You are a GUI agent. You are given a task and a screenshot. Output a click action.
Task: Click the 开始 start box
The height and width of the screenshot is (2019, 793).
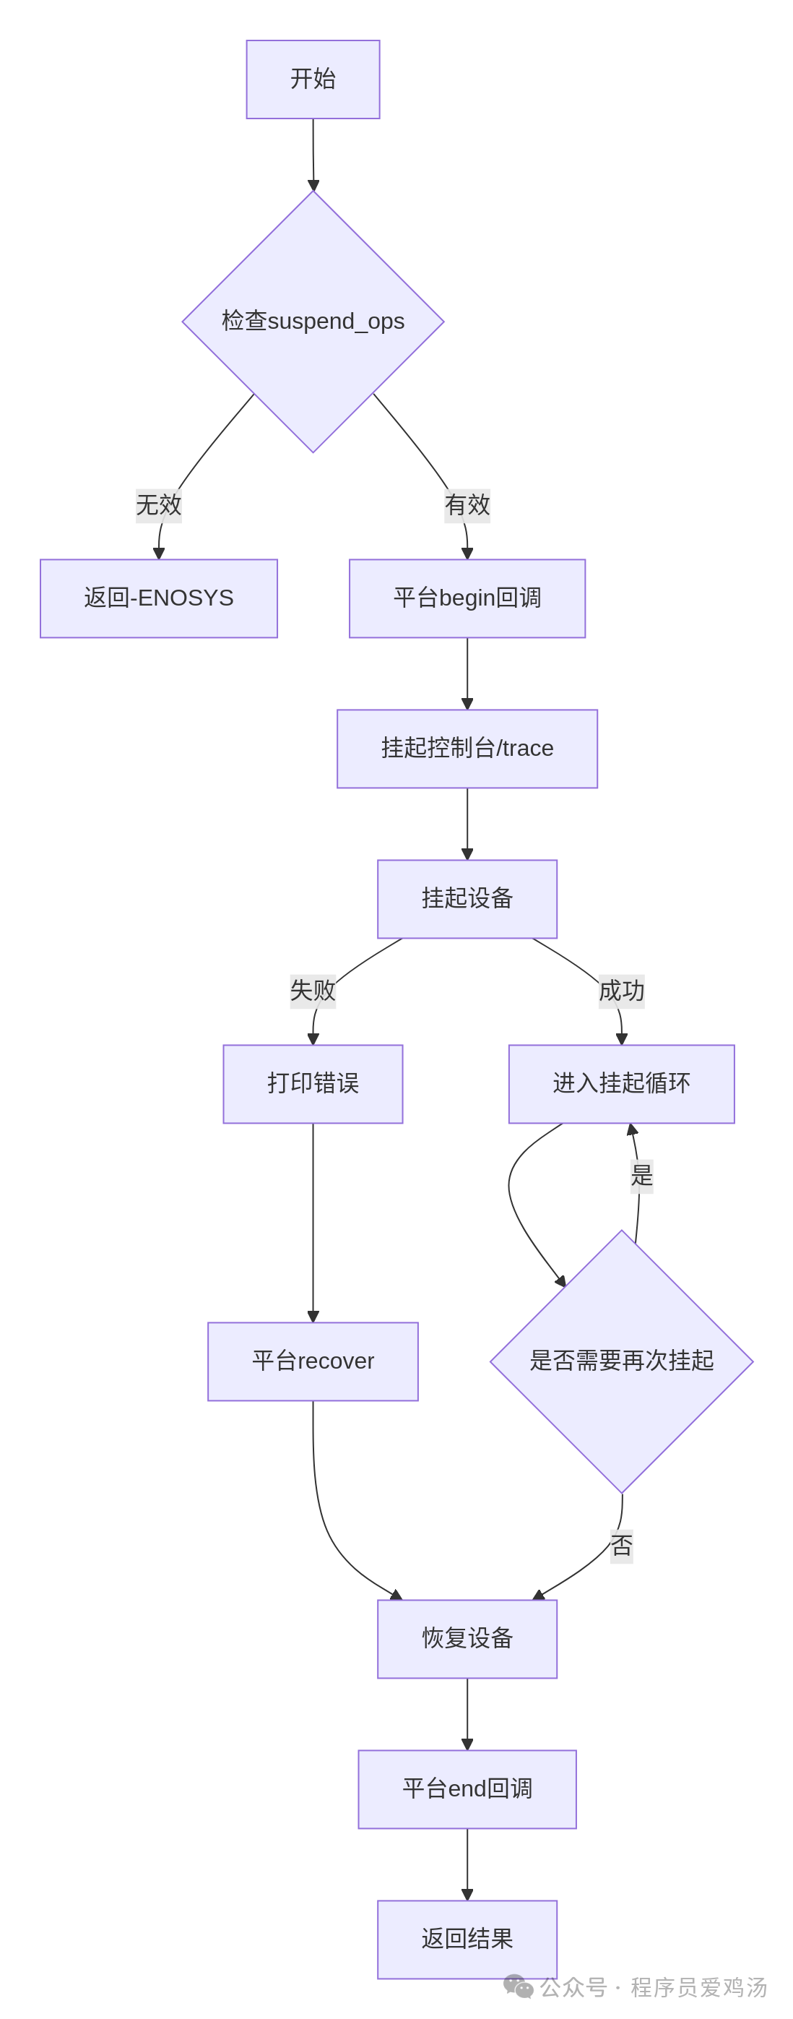[x=313, y=79]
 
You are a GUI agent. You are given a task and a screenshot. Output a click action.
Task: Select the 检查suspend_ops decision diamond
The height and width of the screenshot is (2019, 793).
[x=313, y=322]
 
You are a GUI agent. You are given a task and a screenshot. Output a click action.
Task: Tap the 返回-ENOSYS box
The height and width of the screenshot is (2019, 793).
[x=158, y=598]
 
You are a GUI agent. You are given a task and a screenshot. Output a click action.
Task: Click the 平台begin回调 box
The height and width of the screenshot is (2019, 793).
[x=467, y=598]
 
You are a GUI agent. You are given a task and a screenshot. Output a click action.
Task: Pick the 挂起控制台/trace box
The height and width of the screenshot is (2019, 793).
[x=467, y=749]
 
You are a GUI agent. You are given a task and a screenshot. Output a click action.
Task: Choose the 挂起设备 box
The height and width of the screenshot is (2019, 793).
[x=467, y=899]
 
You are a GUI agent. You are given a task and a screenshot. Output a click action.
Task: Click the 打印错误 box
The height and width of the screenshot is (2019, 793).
[x=313, y=1084]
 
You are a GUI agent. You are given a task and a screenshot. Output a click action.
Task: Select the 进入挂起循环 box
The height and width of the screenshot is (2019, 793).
[x=621, y=1084]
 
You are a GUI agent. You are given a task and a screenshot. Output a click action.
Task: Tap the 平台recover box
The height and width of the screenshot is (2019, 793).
[x=313, y=1361]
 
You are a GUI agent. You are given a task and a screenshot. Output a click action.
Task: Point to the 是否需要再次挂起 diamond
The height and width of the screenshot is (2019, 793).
[x=621, y=1361]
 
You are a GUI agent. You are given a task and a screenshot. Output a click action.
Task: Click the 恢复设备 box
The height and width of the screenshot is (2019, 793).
[x=467, y=1639]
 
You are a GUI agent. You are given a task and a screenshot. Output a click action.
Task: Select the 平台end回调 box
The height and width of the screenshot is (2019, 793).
[x=467, y=1789]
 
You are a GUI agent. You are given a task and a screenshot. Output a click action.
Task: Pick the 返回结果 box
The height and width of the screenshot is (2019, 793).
[x=467, y=1940]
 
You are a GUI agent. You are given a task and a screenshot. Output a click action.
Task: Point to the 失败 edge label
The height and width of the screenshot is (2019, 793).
[x=313, y=991]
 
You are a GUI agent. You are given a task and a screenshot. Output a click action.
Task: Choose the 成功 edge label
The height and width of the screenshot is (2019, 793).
[x=621, y=991]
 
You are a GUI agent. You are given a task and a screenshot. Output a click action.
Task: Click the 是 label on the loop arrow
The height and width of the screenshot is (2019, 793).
[x=642, y=1176]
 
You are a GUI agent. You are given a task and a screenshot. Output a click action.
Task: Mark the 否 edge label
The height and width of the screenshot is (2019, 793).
[x=621, y=1546]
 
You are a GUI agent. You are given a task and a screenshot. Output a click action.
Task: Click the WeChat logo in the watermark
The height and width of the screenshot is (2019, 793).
[x=518, y=1987]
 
